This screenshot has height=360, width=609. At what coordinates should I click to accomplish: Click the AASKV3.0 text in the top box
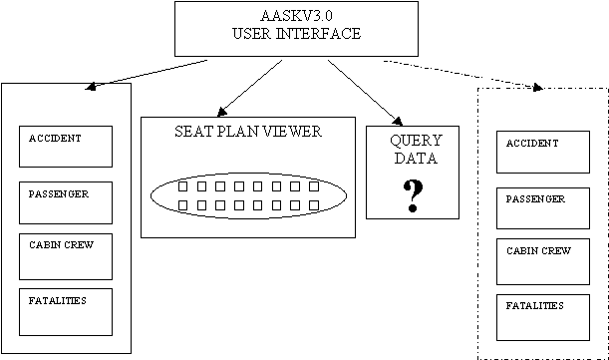click(296, 16)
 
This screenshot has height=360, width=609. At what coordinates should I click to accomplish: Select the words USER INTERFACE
click(296, 34)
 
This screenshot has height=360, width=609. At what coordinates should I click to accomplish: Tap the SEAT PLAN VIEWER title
click(248, 132)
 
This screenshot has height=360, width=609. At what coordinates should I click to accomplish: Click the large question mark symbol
click(413, 195)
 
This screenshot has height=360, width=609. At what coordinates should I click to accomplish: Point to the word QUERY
click(416, 141)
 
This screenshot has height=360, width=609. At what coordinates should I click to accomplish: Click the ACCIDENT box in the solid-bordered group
click(66, 147)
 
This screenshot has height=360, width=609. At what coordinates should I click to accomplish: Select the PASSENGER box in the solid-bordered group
click(66, 202)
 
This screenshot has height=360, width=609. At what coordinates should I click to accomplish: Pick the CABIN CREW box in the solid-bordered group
click(66, 256)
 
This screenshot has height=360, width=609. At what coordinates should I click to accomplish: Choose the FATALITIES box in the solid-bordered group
click(66, 312)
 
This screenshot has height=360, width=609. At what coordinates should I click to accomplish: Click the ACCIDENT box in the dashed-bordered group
click(543, 152)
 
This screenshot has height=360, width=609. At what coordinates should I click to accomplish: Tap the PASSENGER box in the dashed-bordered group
click(543, 208)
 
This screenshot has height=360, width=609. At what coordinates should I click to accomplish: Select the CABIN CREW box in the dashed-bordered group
click(543, 261)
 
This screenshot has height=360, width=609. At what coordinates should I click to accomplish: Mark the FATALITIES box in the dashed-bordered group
click(543, 318)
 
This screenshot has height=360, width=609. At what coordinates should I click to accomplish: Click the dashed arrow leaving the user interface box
click(462, 74)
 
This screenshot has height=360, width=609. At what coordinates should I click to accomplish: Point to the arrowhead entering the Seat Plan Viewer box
click(221, 112)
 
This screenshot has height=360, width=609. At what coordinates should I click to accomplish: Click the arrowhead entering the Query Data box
click(398, 122)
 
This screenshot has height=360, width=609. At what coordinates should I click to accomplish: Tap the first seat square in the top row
click(182, 186)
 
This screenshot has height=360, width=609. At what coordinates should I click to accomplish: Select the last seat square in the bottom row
click(314, 205)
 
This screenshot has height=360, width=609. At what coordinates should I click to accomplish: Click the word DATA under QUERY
click(416, 159)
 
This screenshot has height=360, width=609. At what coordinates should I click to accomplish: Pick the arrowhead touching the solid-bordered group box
click(91, 87)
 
